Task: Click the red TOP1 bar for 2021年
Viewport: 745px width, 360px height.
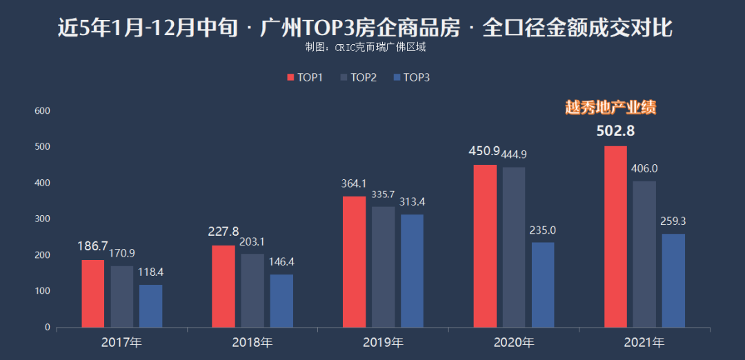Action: pyautogui.click(x=615, y=237)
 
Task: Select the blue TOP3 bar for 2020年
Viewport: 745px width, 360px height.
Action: pyautogui.click(x=543, y=285)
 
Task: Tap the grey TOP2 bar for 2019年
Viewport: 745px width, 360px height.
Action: pyautogui.click(x=384, y=267)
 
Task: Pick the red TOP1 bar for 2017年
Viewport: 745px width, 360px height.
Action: pyautogui.click(x=92, y=293)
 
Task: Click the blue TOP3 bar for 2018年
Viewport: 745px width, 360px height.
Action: pyautogui.click(x=281, y=301)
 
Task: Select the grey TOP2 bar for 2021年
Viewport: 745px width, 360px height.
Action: pyautogui.click(x=644, y=254)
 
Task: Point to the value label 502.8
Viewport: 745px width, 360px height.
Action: pyautogui.click(x=615, y=131)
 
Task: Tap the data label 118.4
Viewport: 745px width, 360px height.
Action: pyautogui.click(x=150, y=272)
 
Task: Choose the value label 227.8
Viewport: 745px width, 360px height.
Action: pyautogui.click(x=223, y=232)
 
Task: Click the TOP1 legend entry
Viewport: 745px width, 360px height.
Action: pyautogui.click(x=305, y=77)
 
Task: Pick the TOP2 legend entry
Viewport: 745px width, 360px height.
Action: pyautogui.click(x=358, y=77)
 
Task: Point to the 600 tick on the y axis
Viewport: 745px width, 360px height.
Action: pyautogui.click(x=43, y=110)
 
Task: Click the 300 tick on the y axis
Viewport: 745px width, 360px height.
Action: pyautogui.click(x=43, y=219)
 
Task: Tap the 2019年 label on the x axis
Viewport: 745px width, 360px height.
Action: pyautogui.click(x=383, y=342)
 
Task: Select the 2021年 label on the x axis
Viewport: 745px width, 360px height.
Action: pyautogui.click(x=644, y=342)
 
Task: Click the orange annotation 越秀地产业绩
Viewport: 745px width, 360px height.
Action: pyautogui.click(x=610, y=108)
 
